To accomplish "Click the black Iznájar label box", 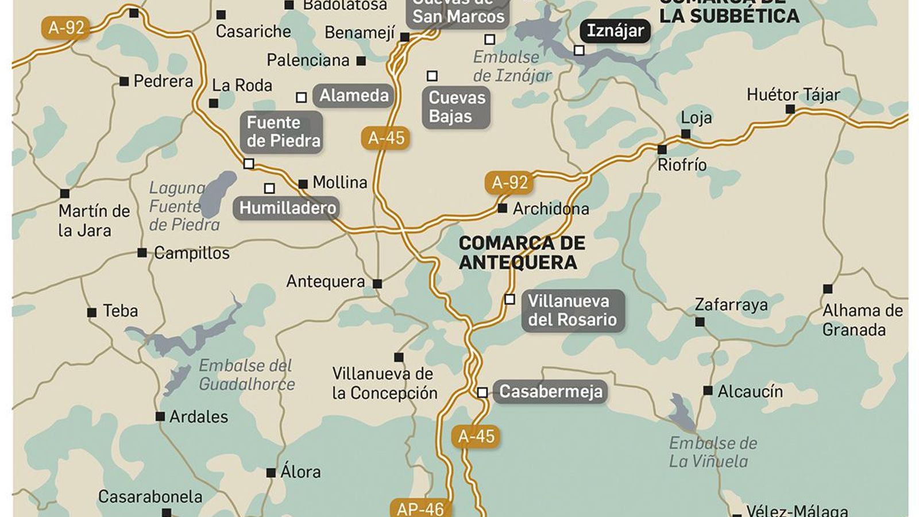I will pyautogui.click(x=615, y=31).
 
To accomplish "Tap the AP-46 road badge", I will pyautogui.click(x=420, y=508).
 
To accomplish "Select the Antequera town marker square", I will pyautogui.click(x=377, y=284).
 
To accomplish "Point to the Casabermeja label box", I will pyautogui.click(x=550, y=392).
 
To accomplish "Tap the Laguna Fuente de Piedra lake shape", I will pyautogui.click(x=219, y=193).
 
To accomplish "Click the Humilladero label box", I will pyautogui.click(x=287, y=208).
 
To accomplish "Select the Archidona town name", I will pyautogui.click(x=550, y=209).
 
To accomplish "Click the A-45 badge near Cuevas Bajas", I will pyautogui.click(x=386, y=138).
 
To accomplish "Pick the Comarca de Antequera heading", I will pyautogui.click(x=522, y=253).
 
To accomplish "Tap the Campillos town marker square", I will pyautogui.click(x=142, y=253).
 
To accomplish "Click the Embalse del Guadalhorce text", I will pyautogui.click(x=246, y=375).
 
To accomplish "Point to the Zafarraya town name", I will pyautogui.click(x=731, y=304).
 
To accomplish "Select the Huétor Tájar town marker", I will pyautogui.click(x=790, y=109).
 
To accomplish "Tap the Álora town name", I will pyautogui.click(x=300, y=472).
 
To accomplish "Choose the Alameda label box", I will pyautogui.click(x=353, y=95).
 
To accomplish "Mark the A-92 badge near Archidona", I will pyautogui.click(x=509, y=183).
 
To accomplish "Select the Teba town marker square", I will pyautogui.click(x=92, y=312).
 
